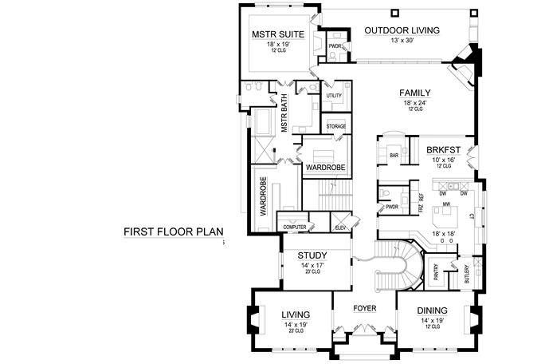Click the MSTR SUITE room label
276,35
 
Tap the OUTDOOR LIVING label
402,31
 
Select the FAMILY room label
415,93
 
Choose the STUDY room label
312,255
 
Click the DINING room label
432,311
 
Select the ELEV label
340,227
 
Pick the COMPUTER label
295,227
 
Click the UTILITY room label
335,96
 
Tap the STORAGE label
335,125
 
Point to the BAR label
393,154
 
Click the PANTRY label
436,273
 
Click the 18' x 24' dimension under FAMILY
415,102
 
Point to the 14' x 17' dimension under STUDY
312,265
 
